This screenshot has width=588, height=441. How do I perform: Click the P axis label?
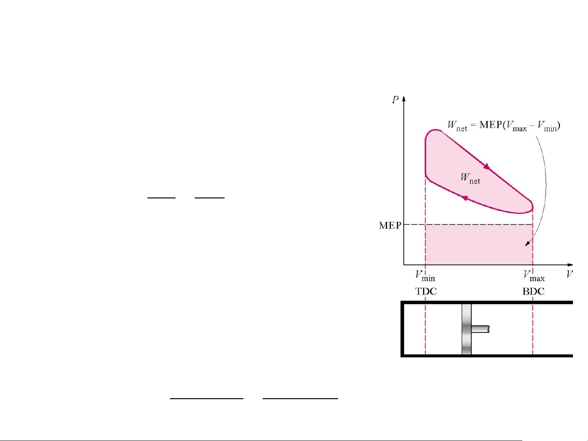(x=395, y=100)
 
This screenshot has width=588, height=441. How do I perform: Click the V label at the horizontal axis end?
(x=570, y=274)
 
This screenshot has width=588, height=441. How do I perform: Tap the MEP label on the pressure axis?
(x=390, y=226)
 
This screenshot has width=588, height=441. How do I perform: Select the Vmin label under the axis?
(x=425, y=276)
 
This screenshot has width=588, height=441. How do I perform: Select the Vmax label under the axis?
(x=534, y=276)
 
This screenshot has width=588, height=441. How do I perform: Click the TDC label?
(x=426, y=291)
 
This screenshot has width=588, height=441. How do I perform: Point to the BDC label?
(x=534, y=291)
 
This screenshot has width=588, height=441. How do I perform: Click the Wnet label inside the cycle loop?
(x=470, y=178)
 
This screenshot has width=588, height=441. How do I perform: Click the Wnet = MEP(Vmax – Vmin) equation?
(x=504, y=126)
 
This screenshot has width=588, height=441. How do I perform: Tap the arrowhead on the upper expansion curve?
(x=487, y=166)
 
